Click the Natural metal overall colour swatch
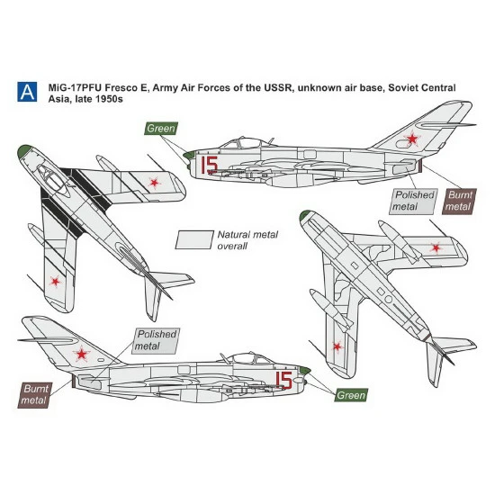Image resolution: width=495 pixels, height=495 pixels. tap(193, 238)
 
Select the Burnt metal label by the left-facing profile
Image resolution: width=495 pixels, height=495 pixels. tap(460, 201)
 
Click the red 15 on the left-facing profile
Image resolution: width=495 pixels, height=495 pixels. tap(210, 163)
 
